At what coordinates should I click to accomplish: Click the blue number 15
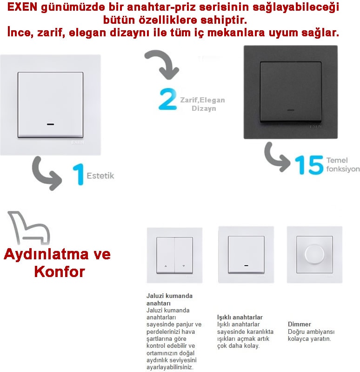(x=309, y=165)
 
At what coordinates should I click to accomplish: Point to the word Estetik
(x=100, y=176)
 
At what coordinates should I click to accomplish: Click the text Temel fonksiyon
(x=342, y=164)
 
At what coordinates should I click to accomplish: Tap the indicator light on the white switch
(x=50, y=125)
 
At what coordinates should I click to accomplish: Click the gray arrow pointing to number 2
(x=161, y=65)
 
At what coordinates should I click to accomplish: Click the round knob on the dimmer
(x=314, y=254)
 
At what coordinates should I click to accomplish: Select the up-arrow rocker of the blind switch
(x=166, y=255)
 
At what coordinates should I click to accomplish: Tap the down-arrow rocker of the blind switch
(x=184, y=255)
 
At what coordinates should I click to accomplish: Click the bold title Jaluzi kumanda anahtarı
(x=169, y=299)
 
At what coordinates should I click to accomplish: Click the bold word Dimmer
(x=300, y=324)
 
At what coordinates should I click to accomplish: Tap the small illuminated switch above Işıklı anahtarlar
(x=246, y=254)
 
